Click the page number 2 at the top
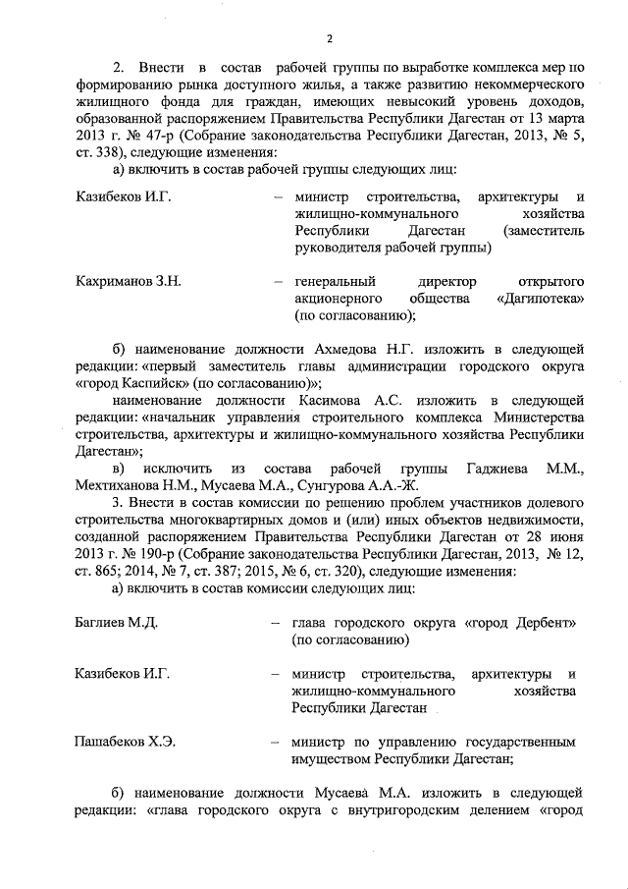click(x=329, y=39)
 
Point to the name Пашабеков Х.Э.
click(x=125, y=741)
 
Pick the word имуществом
click(x=338, y=758)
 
